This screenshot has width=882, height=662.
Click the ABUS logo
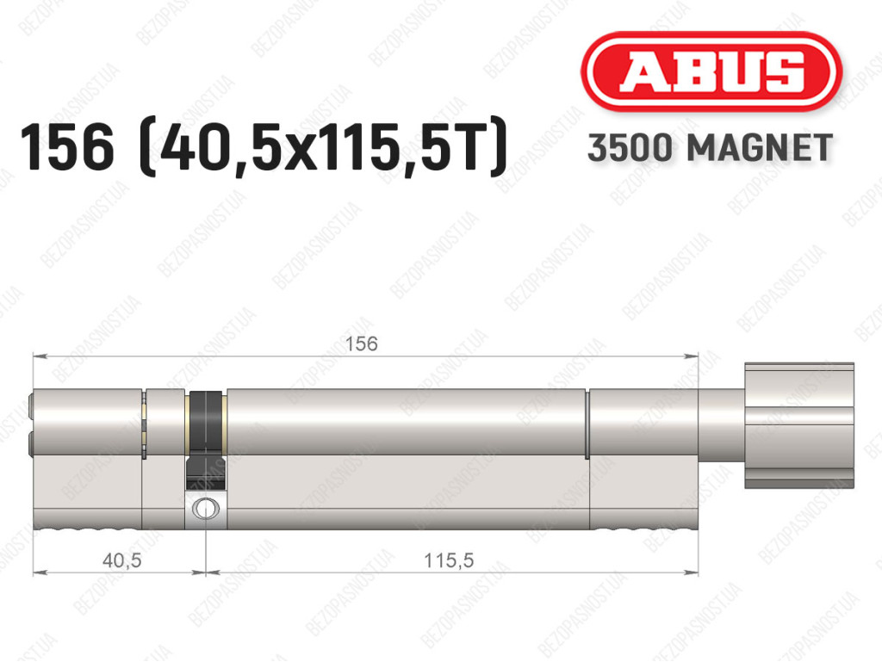tap(711, 71)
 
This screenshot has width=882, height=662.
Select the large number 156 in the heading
tap(67, 148)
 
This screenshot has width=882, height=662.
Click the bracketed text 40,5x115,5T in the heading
tap(323, 148)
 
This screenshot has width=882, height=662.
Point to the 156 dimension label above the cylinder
tap(361, 343)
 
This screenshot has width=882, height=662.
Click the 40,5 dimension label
tap(122, 560)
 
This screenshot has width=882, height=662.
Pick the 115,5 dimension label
tap(449, 560)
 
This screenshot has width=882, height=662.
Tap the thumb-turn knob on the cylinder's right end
tap(799, 425)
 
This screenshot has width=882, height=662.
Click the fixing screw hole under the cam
tap(205, 509)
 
